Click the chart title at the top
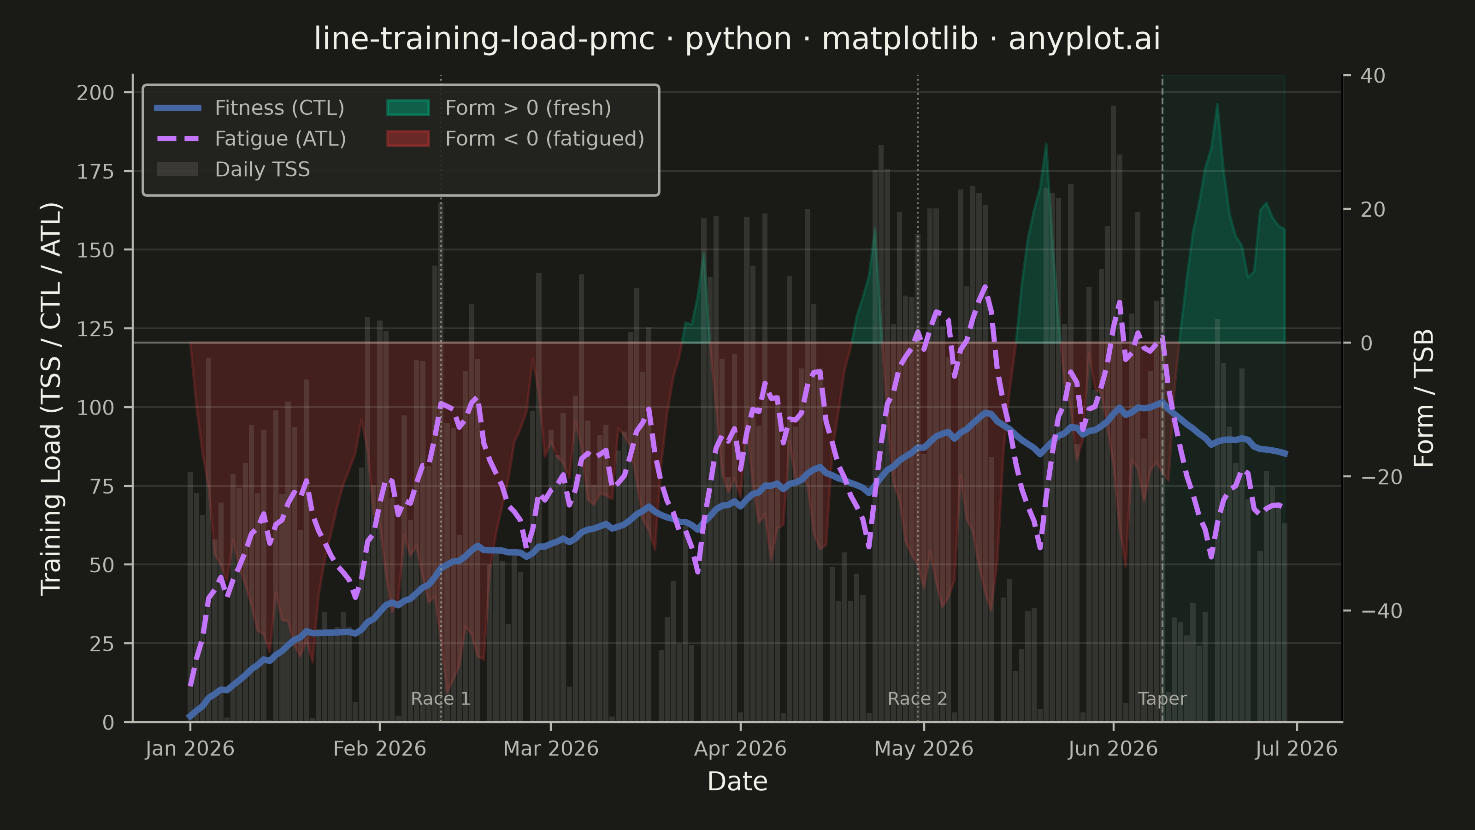click(x=737, y=39)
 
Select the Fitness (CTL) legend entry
click(x=250, y=108)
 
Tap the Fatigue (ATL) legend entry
click(x=250, y=139)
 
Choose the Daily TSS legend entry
click(x=232, y=170)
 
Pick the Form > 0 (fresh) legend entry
click(x=499, y=108)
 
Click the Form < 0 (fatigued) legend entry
click(x=515, y=139)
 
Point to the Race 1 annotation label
click(x=440, y=699)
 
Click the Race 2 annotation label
click(x=917, y=699)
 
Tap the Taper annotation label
click(x=1162, y=700)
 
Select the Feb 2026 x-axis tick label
click(x=380, y=749)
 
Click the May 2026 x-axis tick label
click(x=924, y=749)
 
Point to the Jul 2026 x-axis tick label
click(x=1296, y=749)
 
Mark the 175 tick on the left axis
click(x=95, y=171)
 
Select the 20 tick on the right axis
click(x=1373, y=210)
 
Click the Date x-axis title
click(x=737, y=781)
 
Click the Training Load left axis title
click(x=51, y=399)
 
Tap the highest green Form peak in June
click(x=1217, y=104)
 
